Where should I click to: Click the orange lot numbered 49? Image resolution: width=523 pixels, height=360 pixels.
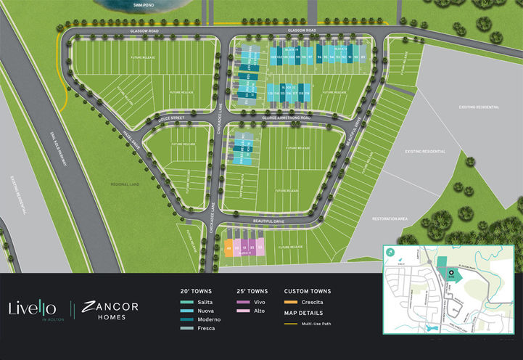click(228, 247)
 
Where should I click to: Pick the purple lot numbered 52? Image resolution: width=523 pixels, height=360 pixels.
click(252, 247)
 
